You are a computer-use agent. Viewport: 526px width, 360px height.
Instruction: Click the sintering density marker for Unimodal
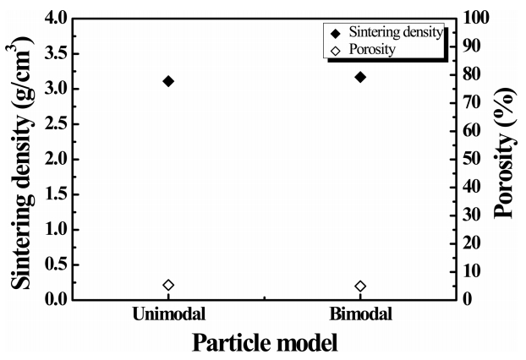(168, 81)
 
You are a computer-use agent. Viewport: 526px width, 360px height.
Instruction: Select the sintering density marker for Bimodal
(360, 77)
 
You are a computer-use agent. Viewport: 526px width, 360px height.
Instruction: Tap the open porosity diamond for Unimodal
(168, 286)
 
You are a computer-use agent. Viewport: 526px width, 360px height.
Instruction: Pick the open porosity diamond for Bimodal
(360, 286)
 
